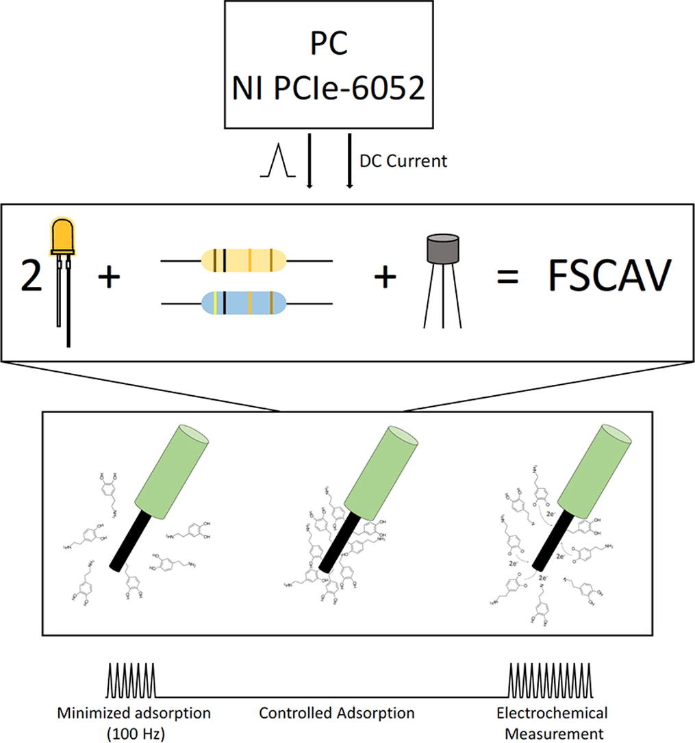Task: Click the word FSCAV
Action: point(606,279)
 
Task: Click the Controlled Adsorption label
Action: point(336,713)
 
